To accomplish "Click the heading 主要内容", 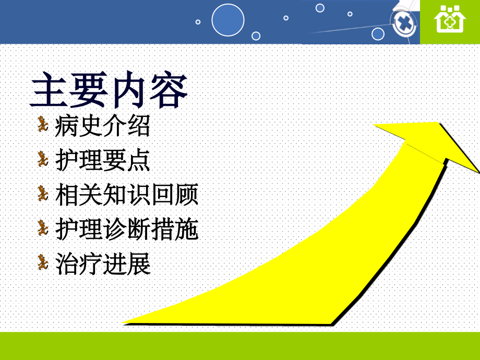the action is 109,89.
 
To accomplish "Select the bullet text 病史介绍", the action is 102,126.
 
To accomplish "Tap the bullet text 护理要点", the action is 102,160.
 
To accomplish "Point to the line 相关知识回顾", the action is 126,195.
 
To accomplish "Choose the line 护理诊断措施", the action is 126,229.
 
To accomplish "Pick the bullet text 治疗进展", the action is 102,264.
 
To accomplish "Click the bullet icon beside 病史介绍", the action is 43,124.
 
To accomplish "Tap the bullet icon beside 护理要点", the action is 43,159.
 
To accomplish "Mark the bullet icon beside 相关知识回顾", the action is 43,193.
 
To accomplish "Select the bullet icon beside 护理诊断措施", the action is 43,228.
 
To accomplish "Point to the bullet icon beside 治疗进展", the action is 43,262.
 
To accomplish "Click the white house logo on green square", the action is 450,19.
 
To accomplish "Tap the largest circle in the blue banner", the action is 228,20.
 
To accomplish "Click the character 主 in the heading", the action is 49,90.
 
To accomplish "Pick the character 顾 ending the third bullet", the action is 187,195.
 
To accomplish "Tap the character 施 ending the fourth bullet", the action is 187,229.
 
